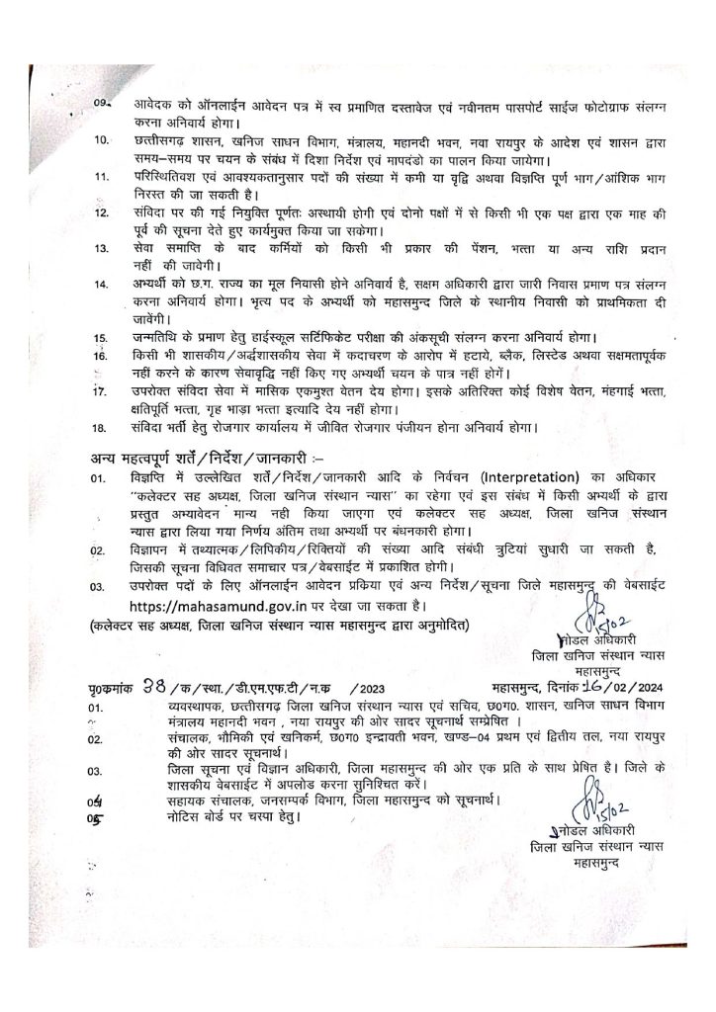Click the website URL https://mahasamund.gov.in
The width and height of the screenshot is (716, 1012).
point(210,604)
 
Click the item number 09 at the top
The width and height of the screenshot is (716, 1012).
point(100,105)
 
